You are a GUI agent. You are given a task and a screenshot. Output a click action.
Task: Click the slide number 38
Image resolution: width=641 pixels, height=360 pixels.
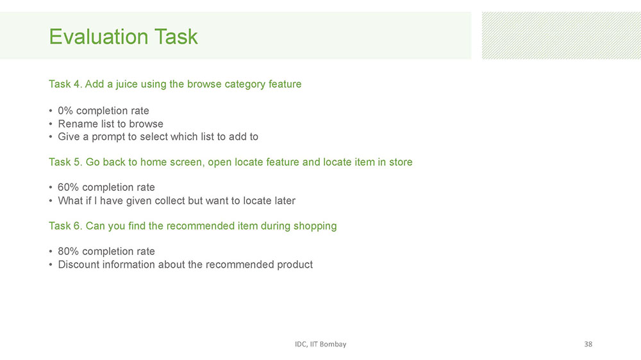point(588,344)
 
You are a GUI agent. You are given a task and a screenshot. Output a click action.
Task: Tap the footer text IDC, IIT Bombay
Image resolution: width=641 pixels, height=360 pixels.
point(320,344)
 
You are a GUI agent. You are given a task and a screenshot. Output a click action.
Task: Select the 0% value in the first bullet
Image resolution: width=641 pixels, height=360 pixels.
point(65,111)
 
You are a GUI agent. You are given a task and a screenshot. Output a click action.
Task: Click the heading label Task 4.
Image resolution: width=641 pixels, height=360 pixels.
point(65,84)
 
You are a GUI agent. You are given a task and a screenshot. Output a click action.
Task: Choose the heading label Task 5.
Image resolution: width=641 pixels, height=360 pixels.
point(65,162)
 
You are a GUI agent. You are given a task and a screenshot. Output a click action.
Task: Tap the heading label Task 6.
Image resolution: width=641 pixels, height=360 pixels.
point(65,226)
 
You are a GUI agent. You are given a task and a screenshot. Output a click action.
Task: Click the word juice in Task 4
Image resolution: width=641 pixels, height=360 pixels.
point(127,84)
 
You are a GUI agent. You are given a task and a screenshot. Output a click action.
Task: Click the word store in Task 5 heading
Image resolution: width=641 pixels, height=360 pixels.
point(401,162)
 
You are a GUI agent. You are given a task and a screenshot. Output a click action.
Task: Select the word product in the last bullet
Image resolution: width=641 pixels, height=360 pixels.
point(295,265)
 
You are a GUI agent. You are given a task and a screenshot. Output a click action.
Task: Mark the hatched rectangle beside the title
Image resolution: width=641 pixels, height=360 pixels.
point(562,35)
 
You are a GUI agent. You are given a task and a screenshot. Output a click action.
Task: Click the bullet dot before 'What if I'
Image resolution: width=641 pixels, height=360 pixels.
point(51,200)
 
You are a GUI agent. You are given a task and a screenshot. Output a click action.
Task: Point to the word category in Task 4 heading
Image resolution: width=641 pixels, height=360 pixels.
point(245,84)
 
